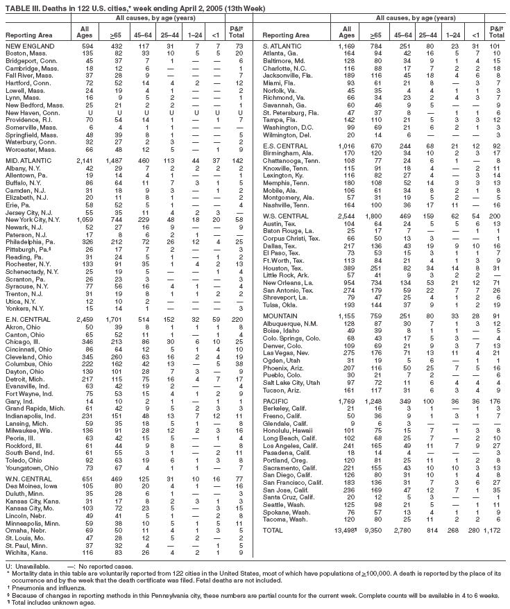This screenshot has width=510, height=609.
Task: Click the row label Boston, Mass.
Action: (24, 52)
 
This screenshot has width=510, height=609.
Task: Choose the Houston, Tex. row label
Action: (282, 248)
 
